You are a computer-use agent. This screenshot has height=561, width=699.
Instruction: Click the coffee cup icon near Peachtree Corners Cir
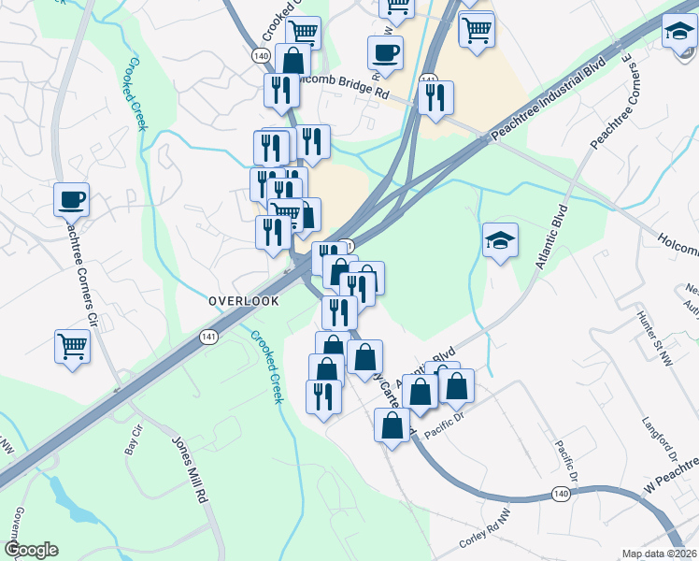[x=71, y=199]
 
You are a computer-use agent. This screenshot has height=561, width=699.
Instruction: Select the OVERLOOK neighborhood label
[x=244, y=302]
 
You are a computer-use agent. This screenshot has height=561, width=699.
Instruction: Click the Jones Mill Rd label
[x=188, y=470]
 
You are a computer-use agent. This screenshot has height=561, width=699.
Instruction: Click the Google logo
[x=31, y=550]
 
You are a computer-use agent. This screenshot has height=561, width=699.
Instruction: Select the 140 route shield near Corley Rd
[x=561, y=495]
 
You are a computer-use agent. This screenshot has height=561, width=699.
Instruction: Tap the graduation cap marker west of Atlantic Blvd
[x=500, y=240]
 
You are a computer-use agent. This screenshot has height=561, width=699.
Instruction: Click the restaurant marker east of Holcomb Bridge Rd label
[x=435, y=98]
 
